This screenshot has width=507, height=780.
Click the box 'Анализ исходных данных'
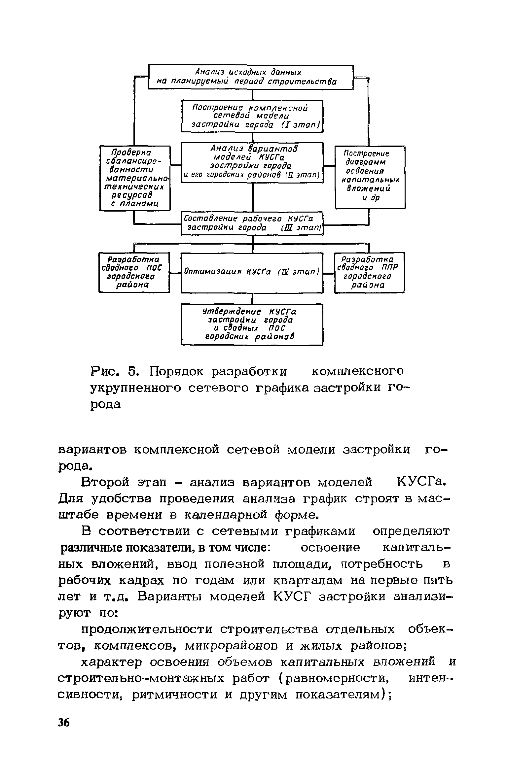(x=251, y=77)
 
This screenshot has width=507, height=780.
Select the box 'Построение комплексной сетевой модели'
(x=252, y=116)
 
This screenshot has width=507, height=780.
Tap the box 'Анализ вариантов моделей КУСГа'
(x=252, y=162)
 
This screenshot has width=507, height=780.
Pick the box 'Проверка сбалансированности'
(x=135, y=178)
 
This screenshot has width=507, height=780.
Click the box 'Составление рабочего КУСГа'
(x=252, y=223)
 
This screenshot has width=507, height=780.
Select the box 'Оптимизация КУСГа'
(x=252, y=272)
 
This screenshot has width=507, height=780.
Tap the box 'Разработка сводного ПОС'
(x=134, y=272)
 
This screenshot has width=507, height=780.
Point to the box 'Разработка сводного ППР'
(x=369, y=272)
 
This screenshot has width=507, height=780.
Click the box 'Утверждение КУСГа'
(x=252, y=324)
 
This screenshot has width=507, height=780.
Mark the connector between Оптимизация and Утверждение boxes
(x=253, y=298)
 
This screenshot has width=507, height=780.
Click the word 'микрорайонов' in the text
(x=232, y=646)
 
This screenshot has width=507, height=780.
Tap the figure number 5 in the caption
(x=133, y=372)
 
